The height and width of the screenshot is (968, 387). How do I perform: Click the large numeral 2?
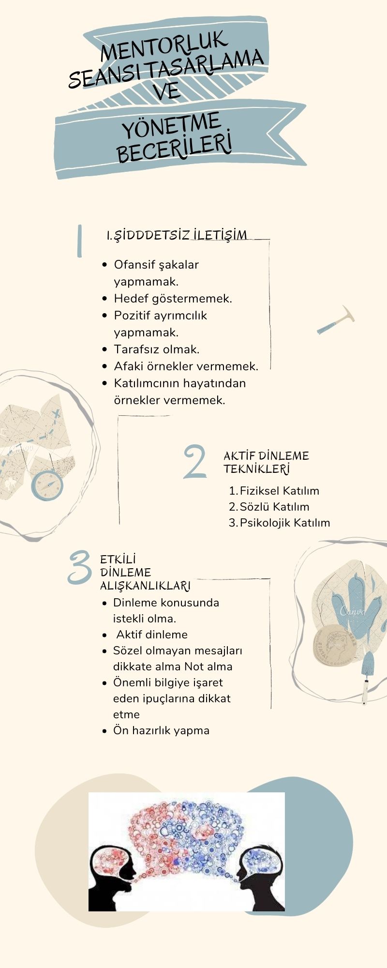point(195,462)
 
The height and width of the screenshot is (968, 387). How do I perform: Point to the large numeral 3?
point(80,567)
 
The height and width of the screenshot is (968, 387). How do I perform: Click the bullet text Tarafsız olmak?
point(157,349)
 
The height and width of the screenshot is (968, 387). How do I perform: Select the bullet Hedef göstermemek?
point(173,298)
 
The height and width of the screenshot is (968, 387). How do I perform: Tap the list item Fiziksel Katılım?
point(279,491)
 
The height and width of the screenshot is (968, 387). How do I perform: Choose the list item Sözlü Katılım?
point(274,507)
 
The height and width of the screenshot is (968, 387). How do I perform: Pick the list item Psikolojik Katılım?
point(285,523)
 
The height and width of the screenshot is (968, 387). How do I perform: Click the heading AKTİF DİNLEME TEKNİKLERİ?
point(266,462)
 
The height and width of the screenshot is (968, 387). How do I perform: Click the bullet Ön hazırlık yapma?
point(161,730)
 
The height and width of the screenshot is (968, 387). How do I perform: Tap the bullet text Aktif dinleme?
point(152,635)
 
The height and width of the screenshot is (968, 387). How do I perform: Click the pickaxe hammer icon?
point(336,319)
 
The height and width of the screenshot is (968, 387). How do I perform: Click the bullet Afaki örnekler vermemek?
point(186,366)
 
